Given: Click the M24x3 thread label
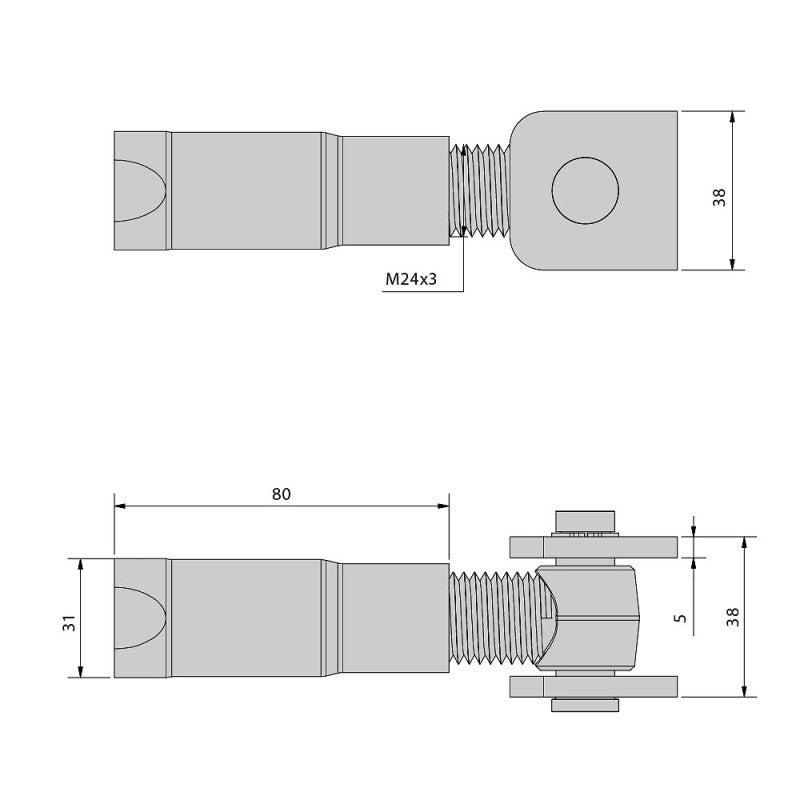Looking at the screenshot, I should click(x=412, y=280).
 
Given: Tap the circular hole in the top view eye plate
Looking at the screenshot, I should click(x=585, y=190).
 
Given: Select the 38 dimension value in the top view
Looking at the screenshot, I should click(x=719, y=191).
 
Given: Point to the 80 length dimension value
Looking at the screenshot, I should click(x=281, y=493).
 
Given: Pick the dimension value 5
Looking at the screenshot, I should click(x=680, y=618).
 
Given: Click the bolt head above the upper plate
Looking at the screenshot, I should click(x=583, y=521).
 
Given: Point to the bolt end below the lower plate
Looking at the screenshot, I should click(x=583, y=706).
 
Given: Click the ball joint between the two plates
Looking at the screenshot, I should click(x=590, y=617).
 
